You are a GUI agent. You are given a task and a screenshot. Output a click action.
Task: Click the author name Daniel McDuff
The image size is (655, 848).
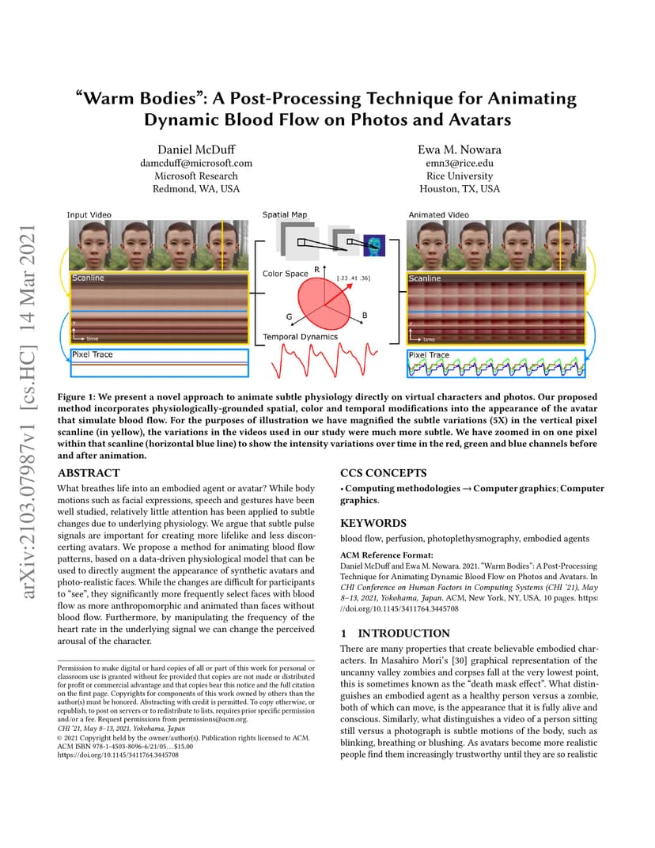196,150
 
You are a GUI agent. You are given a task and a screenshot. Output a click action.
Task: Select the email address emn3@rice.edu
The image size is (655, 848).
459,163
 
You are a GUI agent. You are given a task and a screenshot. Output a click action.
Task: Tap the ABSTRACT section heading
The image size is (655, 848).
89,473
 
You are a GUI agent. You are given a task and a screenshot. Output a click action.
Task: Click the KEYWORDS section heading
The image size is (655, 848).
373,523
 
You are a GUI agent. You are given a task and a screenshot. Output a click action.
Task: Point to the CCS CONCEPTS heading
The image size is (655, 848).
384,473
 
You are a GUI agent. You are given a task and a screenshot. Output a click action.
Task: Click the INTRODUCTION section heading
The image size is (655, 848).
403,634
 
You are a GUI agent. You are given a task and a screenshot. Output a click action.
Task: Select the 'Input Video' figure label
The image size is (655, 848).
89,214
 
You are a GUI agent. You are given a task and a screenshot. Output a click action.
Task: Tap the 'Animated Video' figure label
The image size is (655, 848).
439,214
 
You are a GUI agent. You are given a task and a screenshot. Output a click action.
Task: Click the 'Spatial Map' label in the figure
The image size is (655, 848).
285,214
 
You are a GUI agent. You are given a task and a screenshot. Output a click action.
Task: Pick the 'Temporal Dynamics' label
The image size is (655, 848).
300,336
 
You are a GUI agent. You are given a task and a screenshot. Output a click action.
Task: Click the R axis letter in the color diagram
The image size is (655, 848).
317,269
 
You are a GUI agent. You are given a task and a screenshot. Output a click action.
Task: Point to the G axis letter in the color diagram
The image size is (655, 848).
290,317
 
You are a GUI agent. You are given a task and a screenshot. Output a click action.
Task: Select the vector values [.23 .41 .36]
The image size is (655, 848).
353,278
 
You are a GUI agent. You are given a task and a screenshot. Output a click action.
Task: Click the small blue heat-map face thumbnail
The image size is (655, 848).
374,245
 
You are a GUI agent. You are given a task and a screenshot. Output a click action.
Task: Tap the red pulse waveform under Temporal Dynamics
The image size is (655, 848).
324,360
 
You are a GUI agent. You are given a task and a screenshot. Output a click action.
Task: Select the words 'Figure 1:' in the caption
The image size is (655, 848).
76,396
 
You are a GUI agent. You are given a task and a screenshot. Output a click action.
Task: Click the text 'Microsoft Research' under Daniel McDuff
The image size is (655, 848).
196,176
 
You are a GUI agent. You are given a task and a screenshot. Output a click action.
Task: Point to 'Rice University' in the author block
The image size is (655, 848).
459,176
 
